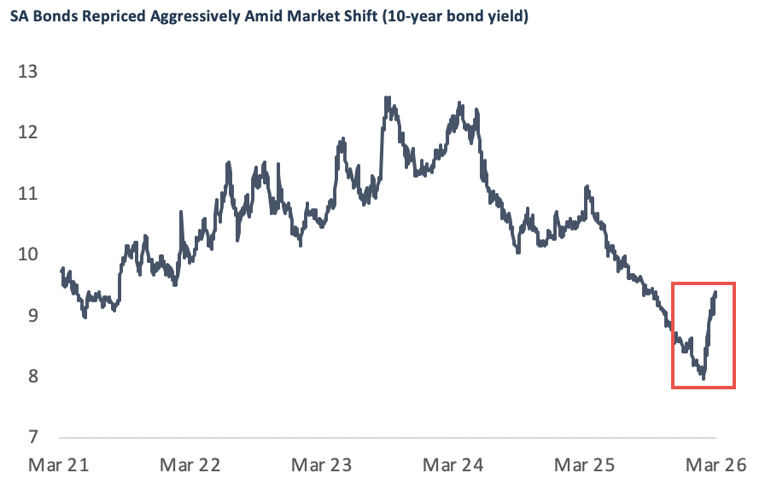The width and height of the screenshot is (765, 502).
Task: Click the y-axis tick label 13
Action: pyautogui.click(x=28, y=72)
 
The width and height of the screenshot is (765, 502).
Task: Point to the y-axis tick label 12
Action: pyautogui.click(x=28, y=132)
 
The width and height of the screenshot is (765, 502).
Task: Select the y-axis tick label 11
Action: pyautogui.click(x=28, y=194)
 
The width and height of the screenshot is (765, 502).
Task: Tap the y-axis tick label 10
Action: pyautogui.click(x=28, y=254)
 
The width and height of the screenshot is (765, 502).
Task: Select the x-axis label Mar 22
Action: pyautogui.click(x=190, y=465)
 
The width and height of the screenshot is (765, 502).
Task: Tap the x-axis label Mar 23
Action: pyautogui.click(x=322, y=465)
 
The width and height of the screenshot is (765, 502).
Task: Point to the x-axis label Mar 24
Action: pyautogui.click(x=453, y=465)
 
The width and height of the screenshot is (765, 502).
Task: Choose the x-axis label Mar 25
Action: pyautogui.click(x=586, y=465)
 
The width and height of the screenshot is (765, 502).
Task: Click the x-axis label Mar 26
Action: pyautogui.click(x=715, y=465)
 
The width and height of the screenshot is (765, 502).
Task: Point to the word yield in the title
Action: pyautogui.click(x=502, y=16)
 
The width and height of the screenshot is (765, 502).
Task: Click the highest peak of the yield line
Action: pyautogui.click(x=388, y=97)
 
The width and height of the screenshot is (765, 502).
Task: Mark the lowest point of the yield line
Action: pyautogui.click(x=703, y=376)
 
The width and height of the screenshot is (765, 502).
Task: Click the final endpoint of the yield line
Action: pyautogui.click(x=715, y=293)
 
